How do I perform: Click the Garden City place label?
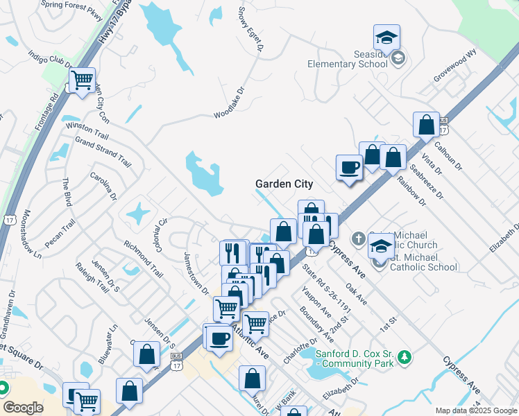click(284, 184)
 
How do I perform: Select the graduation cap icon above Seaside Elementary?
click(387, 37)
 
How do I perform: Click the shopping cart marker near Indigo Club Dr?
click(82, 80)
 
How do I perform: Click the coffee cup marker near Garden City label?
click(349, 168)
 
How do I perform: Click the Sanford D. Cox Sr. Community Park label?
click(355, 358)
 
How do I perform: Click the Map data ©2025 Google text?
click(475, 410)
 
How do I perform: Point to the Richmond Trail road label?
click(143, 259)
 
